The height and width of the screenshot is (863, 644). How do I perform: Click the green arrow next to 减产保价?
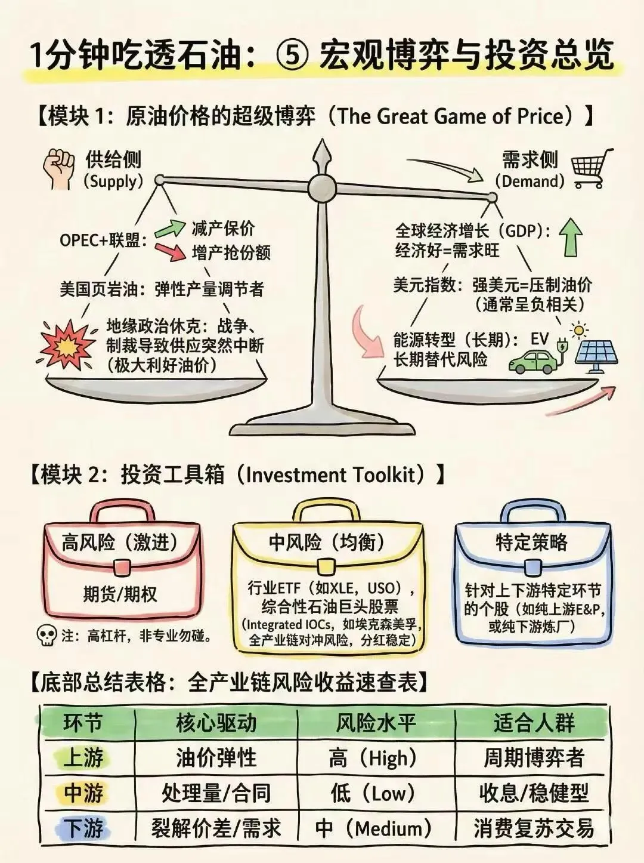[169, 229]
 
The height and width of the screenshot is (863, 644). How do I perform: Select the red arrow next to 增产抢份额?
[169, 251]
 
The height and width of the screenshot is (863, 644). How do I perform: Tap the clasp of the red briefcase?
[122, 566]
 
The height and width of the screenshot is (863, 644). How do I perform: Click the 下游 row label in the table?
[83, 828]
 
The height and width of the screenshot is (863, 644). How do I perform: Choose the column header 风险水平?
[376, 723]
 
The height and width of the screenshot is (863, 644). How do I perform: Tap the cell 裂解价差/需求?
[216, 828]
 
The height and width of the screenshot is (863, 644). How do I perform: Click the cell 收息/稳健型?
[534, 793]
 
